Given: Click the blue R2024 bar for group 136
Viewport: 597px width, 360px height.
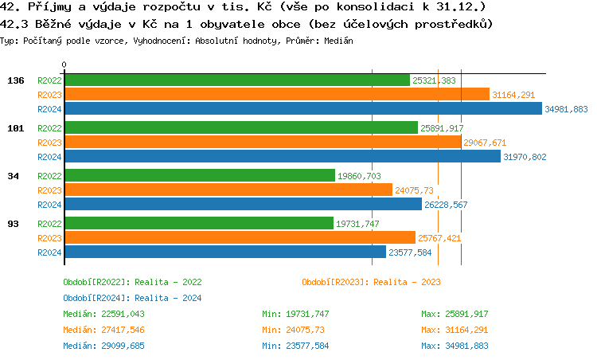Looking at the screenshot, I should pyautogui.click(x=302, y=109).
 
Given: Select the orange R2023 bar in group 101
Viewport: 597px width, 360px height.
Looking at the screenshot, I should pyautogui.click(x=263, y=143).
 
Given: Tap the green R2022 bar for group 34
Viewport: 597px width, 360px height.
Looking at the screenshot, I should pyautogui.click(x=199, y=175).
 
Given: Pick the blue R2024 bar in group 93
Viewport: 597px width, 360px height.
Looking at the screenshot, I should pyautogui.click(x=219, y=252).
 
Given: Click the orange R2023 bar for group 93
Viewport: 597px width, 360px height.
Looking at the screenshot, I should pyautogui.click(x=240, y=237).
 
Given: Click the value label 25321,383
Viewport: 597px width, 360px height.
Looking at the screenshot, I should pyautogui.click(x=435, y=80).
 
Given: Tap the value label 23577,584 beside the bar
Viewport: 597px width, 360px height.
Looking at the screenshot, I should pyautogui.click(x=409, y=252).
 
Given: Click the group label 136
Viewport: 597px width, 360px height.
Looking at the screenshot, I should pyautogui.click(x=15, y=80).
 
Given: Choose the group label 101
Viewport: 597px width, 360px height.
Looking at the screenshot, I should pyautogui.click(x=15, y=128).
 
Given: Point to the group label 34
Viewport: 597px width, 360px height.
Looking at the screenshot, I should pyautogui.click(x=14, y=176).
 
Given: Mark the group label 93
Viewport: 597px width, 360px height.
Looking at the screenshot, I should pyautogui.click(x=14, y=224).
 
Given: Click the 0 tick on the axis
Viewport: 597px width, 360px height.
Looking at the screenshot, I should pyautogui.click(x=64, y=65).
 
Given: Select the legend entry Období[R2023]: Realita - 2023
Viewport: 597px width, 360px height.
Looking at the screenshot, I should pyautogui.click(x=371, y=282).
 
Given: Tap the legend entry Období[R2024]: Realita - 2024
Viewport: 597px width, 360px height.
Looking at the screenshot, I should pyautogui.click(x=132, y=298).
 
